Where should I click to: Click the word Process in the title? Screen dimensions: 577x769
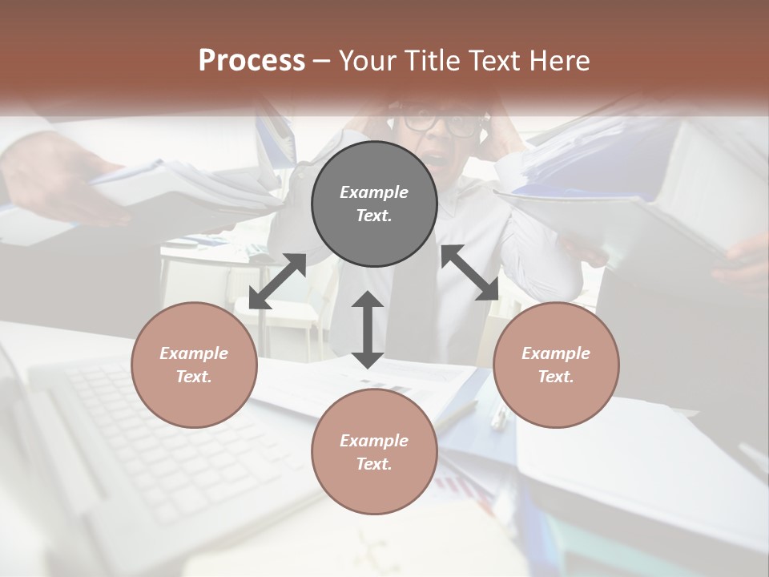(252, 61)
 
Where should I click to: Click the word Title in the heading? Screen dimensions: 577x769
(430, 61)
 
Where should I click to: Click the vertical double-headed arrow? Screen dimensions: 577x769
(368, 329)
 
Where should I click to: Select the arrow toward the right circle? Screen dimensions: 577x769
(469, 272)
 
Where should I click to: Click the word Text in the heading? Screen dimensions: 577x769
(495, 61)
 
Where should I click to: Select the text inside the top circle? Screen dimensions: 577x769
(374, 204)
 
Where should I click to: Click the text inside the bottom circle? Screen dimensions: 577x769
(374, 452)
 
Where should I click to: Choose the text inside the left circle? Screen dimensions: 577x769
(194, 365)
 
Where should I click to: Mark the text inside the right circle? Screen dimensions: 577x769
(556, 365)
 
